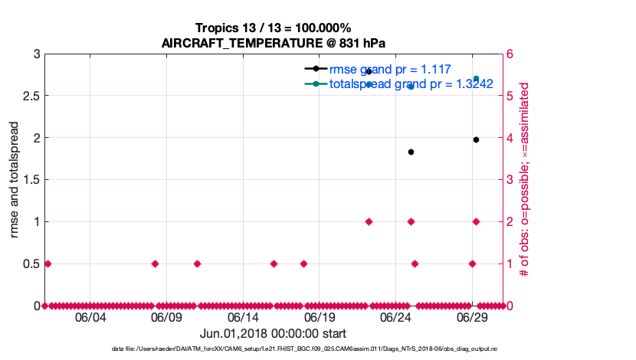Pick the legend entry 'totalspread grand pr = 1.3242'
[x=410, y=83]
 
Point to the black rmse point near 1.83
[x=411, y=152]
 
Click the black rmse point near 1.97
[x=476, y=139]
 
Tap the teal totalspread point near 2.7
[x=476, y=79]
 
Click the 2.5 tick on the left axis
[x=31, y=96]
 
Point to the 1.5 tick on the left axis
[x=31, y=180]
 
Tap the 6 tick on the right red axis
[x=508, y=54]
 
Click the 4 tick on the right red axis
[x=508, y=138]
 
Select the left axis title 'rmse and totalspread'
[x=15, y=180]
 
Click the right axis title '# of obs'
[x=525, y=180]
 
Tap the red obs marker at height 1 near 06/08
[x=155, y=263]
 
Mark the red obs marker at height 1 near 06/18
[x=303, y=263]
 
